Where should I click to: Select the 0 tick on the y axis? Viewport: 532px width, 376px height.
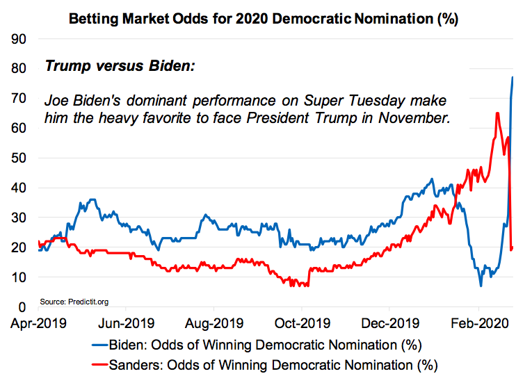pos(22,307)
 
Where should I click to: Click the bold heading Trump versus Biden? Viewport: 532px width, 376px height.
pos(120,67)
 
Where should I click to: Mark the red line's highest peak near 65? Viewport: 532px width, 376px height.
pos(497,113)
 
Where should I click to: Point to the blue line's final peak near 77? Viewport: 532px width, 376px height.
pos(513,77)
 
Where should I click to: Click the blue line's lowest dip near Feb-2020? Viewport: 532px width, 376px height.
pos(481,286)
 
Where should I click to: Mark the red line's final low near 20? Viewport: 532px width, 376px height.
pos(512,249)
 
